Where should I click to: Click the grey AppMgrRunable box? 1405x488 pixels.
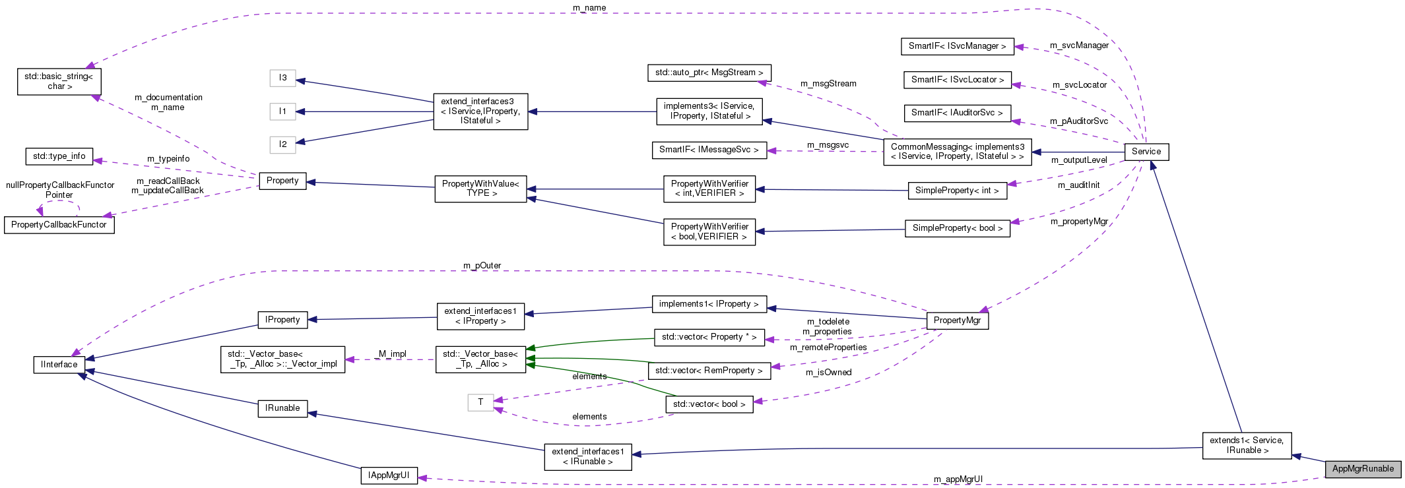pyautogui.click(x=1363, y=469)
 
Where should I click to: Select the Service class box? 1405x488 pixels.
pyautogui.click(x=1146, y=152)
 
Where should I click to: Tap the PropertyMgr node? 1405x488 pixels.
pyautogui.click(x=957, y=320)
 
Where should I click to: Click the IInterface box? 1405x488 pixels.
pyautogui.click(x=59, y=365)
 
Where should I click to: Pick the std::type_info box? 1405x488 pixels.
pyautogui.click(x=59, y=156)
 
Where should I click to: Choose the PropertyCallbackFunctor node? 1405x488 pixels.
pyautogui.click(x=59, y=225)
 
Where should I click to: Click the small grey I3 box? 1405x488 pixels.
pyautogui.click(x=282, y=78)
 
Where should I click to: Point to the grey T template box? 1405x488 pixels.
pyautogui.click(x=480, y=402)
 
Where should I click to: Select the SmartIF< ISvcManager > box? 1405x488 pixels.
pyautogui.click(x=957, y=46)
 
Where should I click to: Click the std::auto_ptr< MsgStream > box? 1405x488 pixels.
pyautogui.click(x=709, y=73)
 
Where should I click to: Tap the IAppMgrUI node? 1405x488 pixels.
pyautogui.click(x=389, y=475)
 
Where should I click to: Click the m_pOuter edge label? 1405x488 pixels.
pyautogui.click(x=482, y=266)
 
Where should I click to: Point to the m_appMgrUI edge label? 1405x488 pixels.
pyautogui.click(x=958, y=479)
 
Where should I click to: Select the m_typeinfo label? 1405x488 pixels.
pyautogui.click(x=168, y=159)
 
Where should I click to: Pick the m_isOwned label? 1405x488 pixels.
pyautogui.click(x=828, y=373)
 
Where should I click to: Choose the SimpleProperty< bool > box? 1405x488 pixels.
pyautogui.click(x=957, y=228)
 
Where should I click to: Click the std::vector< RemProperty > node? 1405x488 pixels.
pyautogui.click(x=709, y=371)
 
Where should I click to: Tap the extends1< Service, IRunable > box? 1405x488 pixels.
pyautogui.click(x=1247, y=445)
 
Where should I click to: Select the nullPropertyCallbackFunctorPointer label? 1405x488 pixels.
pyautogui.click(x=60, y=190)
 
